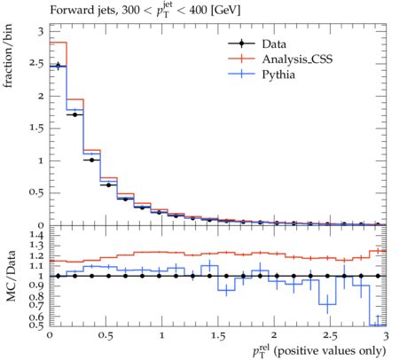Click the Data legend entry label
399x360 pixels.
coord(274,44)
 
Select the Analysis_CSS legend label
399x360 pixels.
coord(297,59)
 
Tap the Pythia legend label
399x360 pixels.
coord(278,74)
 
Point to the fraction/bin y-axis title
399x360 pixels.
coord(8,56)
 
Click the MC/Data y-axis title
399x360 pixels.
coord(11,276)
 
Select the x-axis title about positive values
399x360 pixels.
coord(319,351)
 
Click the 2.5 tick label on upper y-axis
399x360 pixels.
coord(36,64)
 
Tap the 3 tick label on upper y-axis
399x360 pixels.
coord(41,31)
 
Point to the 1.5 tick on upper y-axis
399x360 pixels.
coord(36,129)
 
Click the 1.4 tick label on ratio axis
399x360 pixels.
coord(36,235)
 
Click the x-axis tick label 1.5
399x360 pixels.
coord(218,336)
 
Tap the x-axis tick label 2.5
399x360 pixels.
coord(330,336)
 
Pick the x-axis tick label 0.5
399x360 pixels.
coord(106,336)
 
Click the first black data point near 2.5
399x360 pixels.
coord(59,67)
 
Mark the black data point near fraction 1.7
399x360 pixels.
coord(75,114)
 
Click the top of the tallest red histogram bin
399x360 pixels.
coord(59,43)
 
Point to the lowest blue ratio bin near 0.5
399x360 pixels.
coord(378,325)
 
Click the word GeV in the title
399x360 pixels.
coord(225,11)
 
